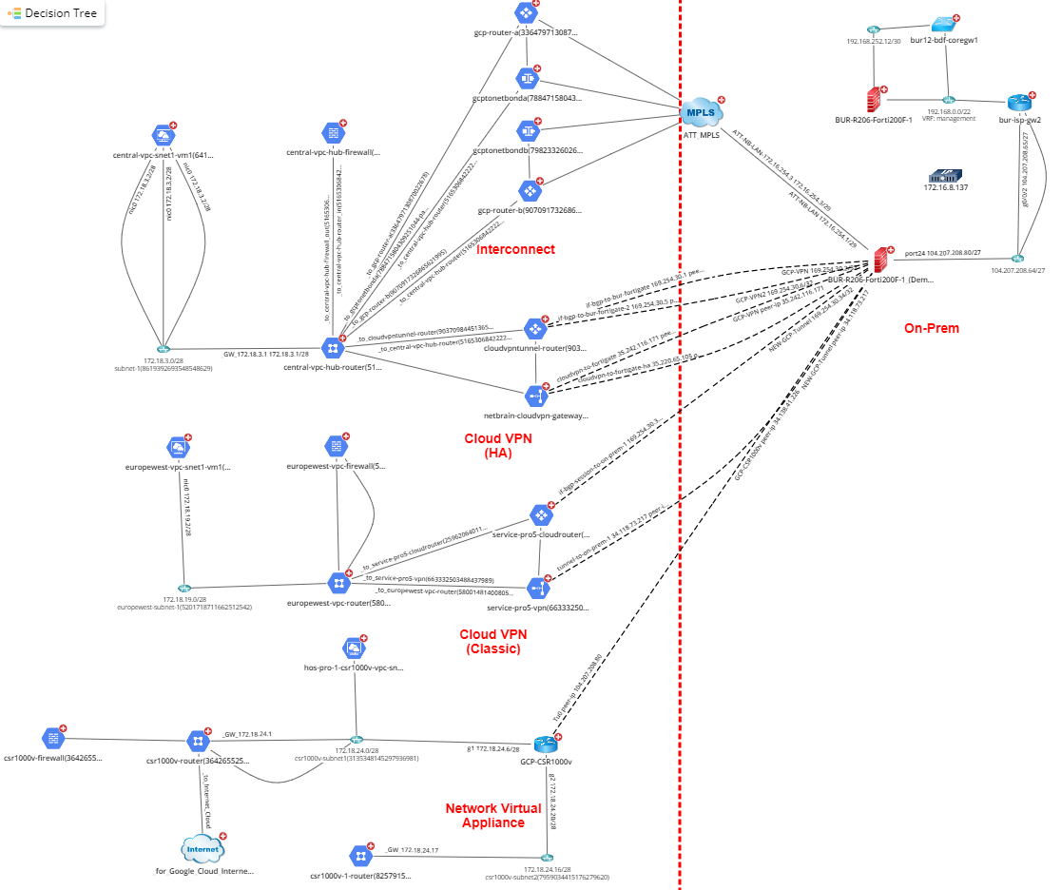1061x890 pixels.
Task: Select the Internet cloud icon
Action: click(202, 848)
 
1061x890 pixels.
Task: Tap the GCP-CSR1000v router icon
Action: click(545, 744)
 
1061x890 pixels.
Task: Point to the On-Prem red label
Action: click(931, 328)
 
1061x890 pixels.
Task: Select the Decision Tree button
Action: click(54, 13)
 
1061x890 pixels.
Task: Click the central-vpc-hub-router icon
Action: click(333, 347)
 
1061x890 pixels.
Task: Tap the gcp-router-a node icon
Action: click(525, 13)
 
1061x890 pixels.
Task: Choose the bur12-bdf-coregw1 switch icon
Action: click(943, 25)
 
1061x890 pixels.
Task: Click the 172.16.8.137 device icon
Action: click(945, 176)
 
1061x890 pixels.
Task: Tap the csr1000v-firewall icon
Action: click(52, 738)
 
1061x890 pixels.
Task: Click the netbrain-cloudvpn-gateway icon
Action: click(535, 395)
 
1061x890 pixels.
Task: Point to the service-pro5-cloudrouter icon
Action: click(541, 515)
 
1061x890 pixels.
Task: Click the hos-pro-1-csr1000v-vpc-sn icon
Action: click(354, 648)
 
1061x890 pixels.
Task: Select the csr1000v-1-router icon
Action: click(359, 854)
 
